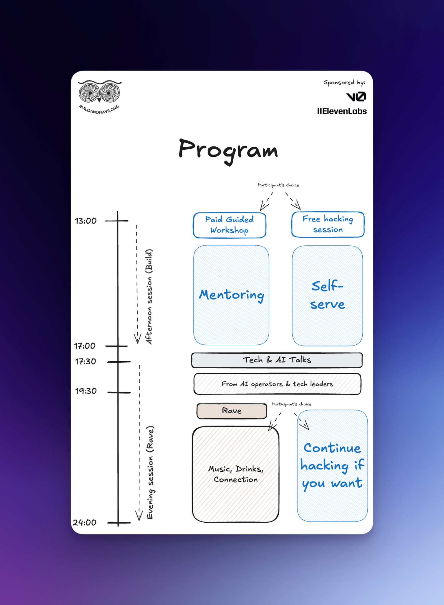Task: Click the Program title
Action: coord(228,150)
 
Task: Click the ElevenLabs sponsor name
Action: coord(342,111)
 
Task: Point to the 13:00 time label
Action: coord(85,221)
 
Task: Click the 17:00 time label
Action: coord(85,346)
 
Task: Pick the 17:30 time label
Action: coord(85,362)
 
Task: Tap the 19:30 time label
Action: coord(86,391)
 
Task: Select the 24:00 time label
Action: coord(84,523)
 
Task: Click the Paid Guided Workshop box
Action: coord(229,225)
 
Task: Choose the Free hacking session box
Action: coord(328,224)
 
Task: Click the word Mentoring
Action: coord(231,295)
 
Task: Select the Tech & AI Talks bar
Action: coord(277,360)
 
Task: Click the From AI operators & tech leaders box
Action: coord(277,384)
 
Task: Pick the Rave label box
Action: coord(232,411)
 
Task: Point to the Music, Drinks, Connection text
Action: coord(236,474)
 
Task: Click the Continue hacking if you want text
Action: coord(332,466)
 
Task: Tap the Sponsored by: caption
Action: coord(344,82)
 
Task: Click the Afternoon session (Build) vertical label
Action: coord(149,297)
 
